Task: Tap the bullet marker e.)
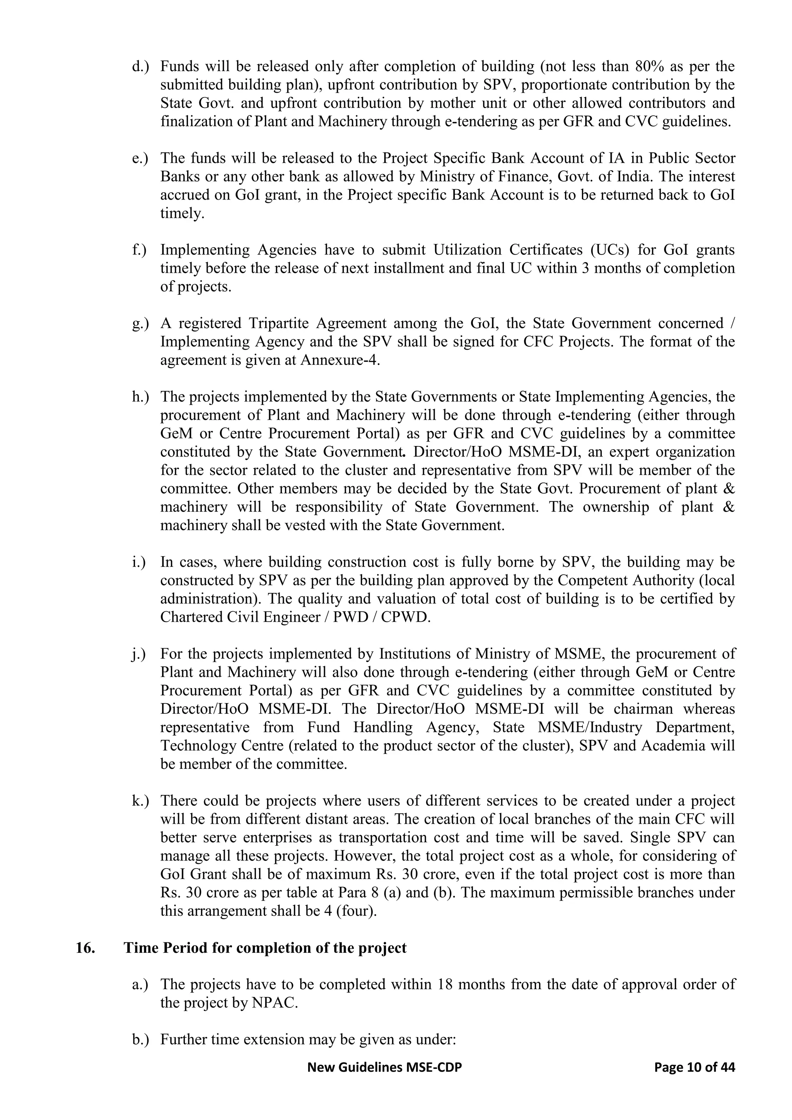(x=140, y=159)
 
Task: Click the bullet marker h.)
(x=140, y=397)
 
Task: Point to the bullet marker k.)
(x=140, y=801)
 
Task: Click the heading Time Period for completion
(x=265, y=948)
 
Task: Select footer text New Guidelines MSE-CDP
(x=384, y=1068)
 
